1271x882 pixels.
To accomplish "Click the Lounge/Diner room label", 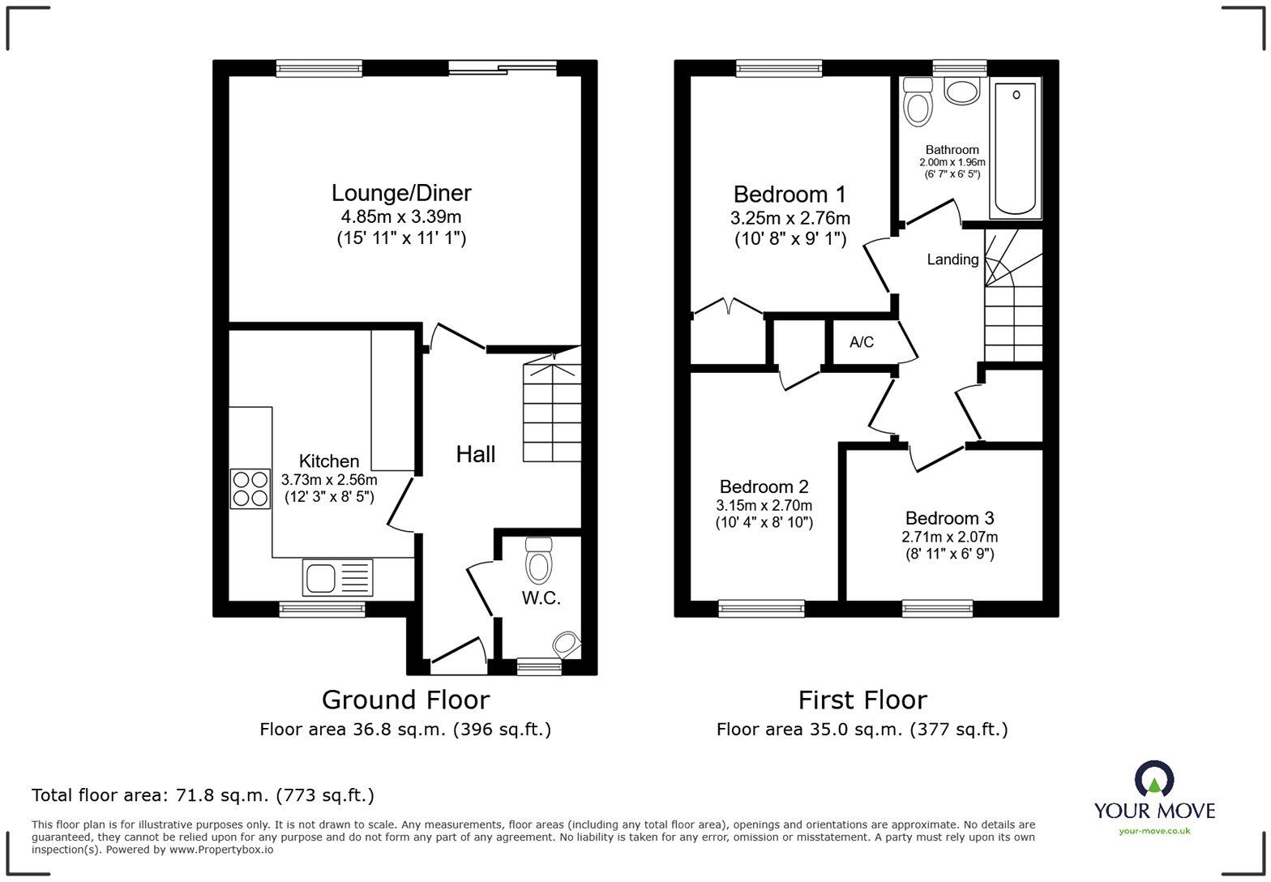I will (400, 193).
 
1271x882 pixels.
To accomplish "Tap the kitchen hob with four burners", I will (250, 489).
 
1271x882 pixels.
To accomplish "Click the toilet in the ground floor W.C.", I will (538, 560).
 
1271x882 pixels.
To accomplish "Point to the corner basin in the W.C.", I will (567, 644).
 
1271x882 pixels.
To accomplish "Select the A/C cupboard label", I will (861, 342).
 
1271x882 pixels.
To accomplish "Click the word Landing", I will (952, 259).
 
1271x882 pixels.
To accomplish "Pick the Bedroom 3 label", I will (949, 518).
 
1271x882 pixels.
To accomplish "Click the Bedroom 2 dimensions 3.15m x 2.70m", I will (764, 505).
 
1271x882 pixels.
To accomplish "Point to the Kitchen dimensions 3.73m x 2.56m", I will (328, 479).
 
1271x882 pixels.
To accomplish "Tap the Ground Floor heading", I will (405, 700).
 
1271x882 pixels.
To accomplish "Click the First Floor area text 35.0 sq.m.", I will (862, 729).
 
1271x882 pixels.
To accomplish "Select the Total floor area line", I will (203, 795).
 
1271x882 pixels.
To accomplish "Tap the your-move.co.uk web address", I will (1154, 830).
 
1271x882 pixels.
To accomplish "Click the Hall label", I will (475, 454).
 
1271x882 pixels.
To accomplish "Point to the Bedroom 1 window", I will (779, 70).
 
